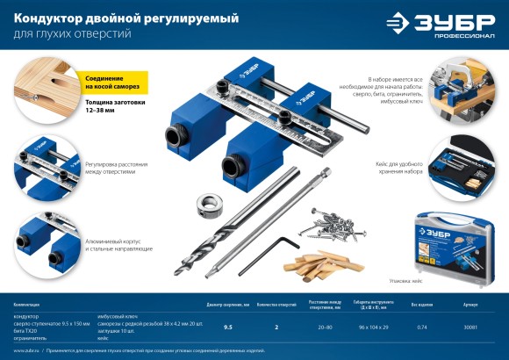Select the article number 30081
click(470, 327)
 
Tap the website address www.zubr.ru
click(27, 349)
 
